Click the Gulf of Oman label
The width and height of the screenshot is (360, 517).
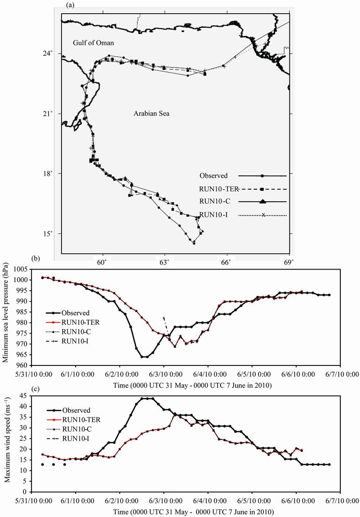coord(94,43)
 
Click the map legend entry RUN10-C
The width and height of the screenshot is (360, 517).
coord(214,201)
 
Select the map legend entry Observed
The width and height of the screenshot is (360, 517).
coord(214,175)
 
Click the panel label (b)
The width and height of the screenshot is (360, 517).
coord(32,258)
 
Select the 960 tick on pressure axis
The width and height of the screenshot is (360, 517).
coord(23,366)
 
